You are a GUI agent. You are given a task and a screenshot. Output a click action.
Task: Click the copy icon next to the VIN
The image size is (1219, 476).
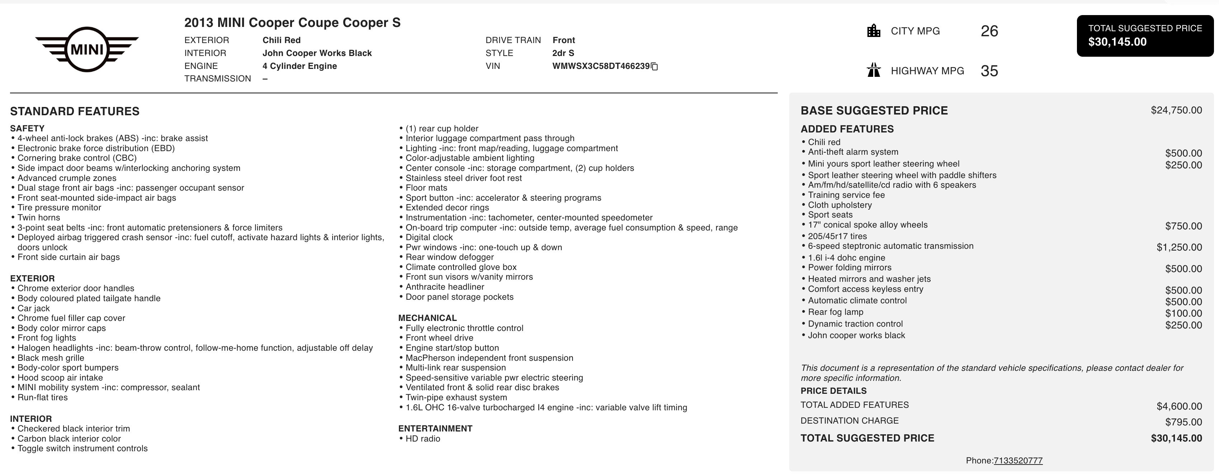[655, 67]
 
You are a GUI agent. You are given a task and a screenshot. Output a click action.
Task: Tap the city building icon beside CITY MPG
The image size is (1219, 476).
[874, 31]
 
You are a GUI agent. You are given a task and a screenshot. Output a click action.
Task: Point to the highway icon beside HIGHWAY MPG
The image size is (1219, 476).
[874, 71]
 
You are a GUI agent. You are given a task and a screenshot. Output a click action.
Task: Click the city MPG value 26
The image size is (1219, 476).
[989, 31]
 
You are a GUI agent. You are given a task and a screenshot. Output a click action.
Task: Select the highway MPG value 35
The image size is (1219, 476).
[989, 71]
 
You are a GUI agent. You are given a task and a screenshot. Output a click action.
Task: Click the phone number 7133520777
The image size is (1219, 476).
[1018, 460]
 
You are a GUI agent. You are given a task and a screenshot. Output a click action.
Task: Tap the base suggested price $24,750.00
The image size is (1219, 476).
[1176, 110]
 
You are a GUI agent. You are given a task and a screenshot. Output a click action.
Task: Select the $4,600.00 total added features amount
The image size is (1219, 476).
[1179, 406]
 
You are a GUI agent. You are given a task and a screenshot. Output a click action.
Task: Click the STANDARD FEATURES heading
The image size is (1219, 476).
[75, 111]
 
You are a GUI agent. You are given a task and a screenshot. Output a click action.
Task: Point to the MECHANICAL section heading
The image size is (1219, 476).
[427, 318]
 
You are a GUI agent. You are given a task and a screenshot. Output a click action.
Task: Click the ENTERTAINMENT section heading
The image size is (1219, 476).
[435, 429]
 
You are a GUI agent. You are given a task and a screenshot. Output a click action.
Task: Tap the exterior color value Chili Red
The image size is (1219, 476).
[282, 40]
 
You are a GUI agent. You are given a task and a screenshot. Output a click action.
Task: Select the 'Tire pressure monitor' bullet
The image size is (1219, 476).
[59, 207]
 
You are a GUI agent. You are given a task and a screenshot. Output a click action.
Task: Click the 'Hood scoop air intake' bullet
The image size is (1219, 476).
[60, 378]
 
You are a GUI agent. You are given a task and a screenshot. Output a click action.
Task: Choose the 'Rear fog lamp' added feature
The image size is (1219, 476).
[835, 312]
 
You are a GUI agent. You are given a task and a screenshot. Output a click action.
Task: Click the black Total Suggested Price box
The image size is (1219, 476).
[1145, 36]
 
